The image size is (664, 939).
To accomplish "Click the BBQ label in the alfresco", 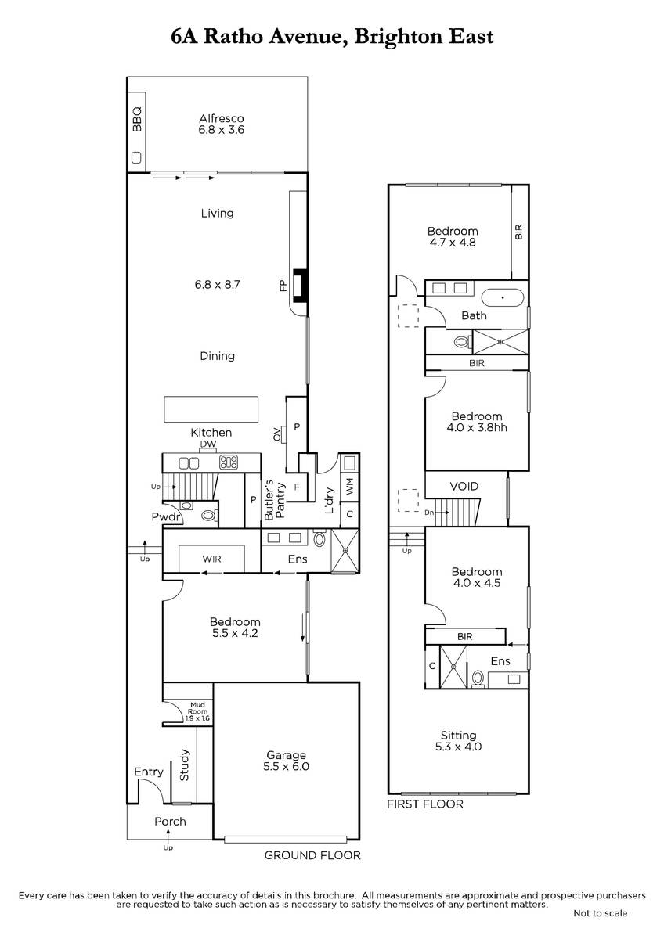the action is coord(137,120).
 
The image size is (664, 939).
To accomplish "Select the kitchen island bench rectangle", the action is coord(211,408).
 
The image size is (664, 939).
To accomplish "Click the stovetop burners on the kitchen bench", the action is coord(229,462).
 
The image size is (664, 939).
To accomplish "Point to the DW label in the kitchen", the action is coord(208,444).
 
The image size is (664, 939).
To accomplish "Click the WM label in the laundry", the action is coord(350,486).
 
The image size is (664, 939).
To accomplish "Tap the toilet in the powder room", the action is coord(208,515).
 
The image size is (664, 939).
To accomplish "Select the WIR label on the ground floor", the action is coord(211,559).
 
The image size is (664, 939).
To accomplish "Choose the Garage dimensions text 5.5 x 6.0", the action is coord(286,766).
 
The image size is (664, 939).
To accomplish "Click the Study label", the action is coord(185,765).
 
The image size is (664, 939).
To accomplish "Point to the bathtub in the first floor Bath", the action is coord(503,297).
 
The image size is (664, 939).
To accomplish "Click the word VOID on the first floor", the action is coord(464,486).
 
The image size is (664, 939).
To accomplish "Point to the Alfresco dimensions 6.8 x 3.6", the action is coord(222,130).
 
